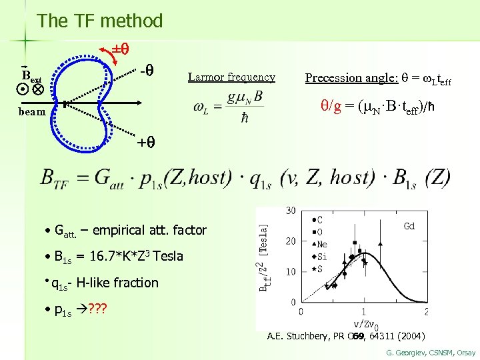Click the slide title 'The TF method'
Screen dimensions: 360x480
point(100,21)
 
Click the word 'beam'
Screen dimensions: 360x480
point(32,112)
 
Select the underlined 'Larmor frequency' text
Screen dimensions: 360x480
point(231,77)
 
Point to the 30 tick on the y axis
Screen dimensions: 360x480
point(291,211)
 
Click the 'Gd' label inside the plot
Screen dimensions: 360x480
point(409,227)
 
